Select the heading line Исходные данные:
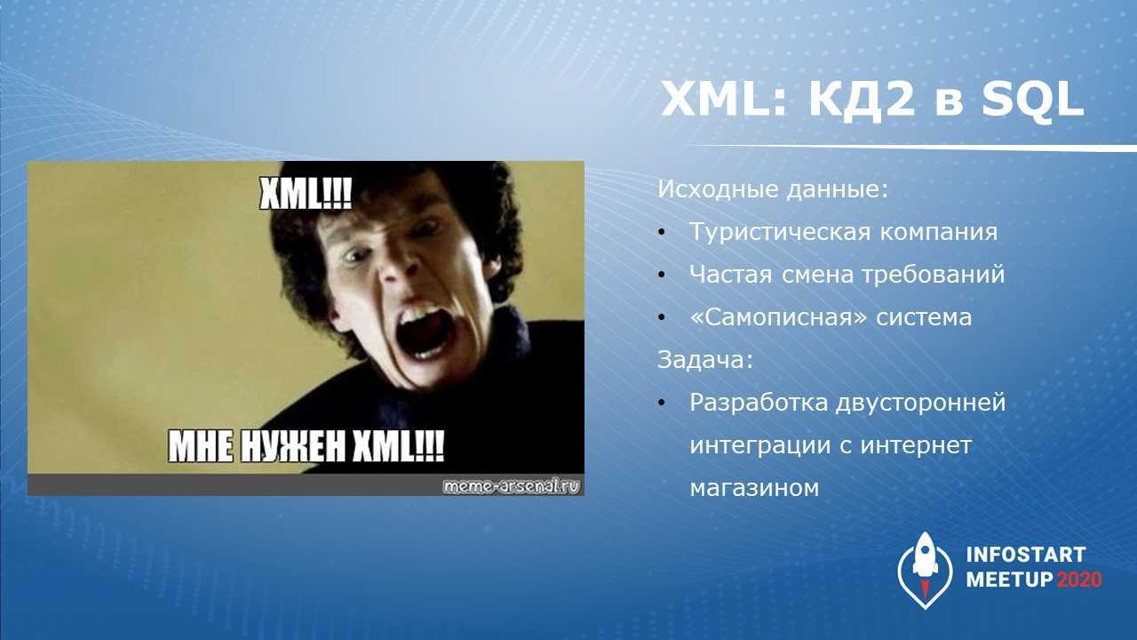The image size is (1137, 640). point(773,189)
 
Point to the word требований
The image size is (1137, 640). point(933,275)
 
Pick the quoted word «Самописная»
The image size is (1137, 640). point(778,317)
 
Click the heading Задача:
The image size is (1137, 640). point(705,360)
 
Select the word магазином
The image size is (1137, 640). point(754,489)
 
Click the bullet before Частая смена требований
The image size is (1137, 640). point(662,275)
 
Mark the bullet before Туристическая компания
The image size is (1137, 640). point(662,232)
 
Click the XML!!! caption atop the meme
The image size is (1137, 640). point(306,194)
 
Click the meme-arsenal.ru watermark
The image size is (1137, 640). point(511,486)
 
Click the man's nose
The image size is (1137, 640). point(396,271)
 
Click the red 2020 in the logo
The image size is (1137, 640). point(1079,580)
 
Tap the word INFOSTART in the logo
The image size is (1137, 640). point(1026,555)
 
